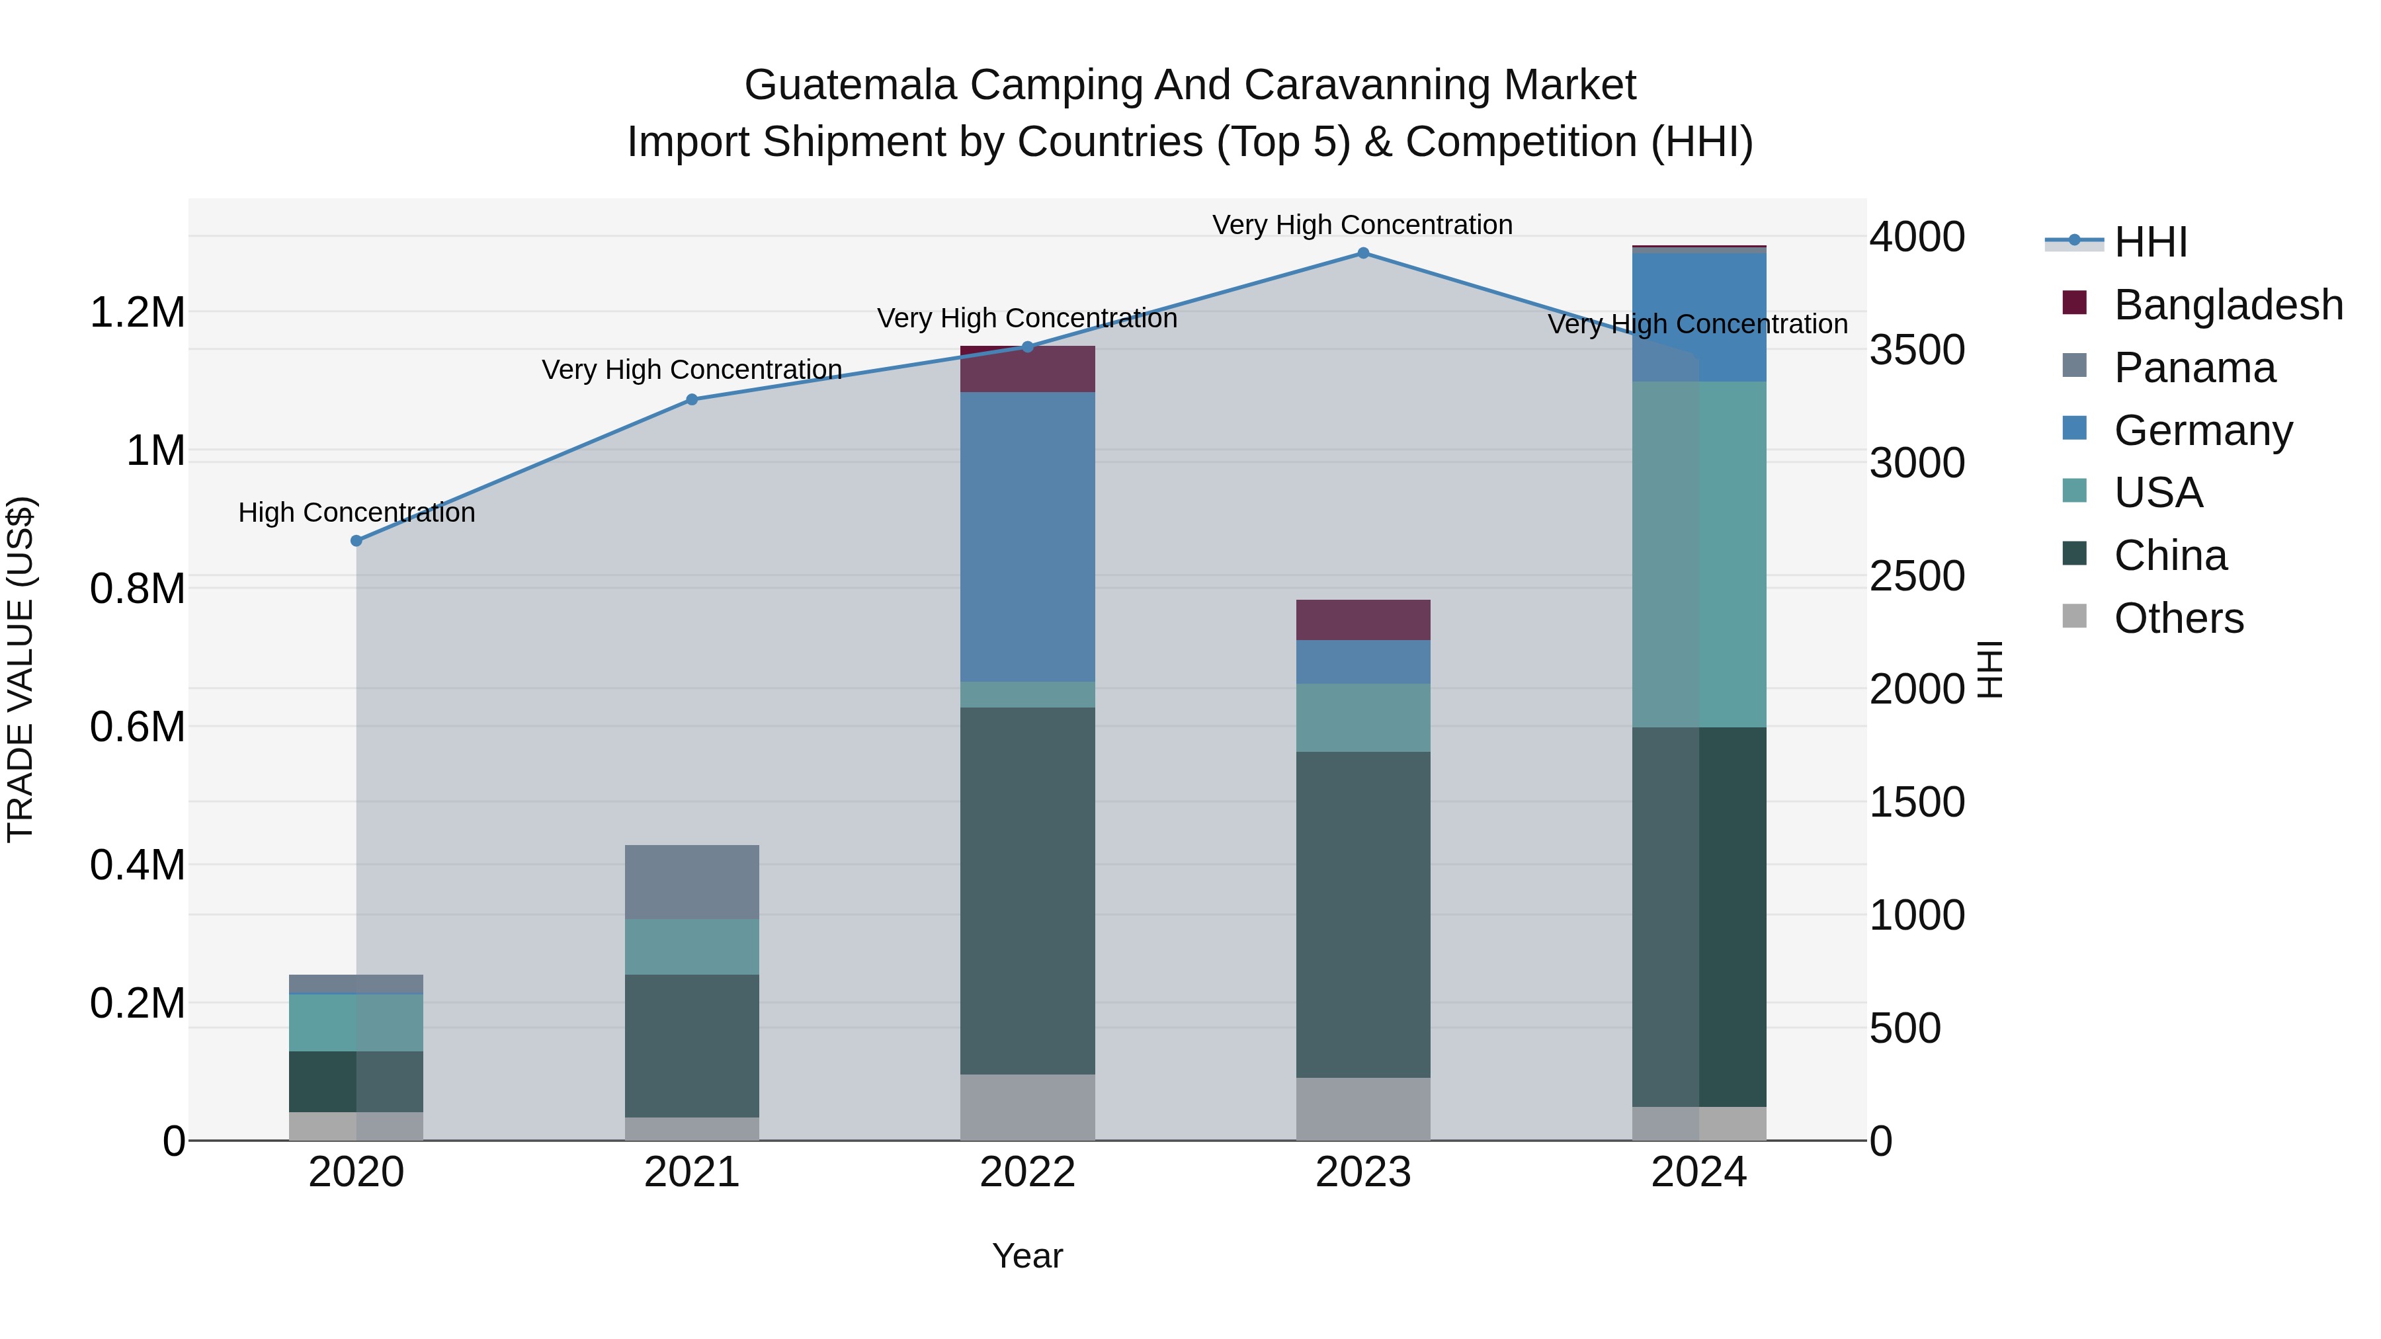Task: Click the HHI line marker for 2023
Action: tap(1362, 253)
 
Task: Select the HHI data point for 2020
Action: tap(356, 541)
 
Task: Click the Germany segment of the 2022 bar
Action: tap(1027, 536)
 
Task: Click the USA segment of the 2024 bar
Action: tap(1699, 555)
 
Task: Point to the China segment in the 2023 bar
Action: tap(1362, 915)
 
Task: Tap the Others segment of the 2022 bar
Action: tap(1027, 1107)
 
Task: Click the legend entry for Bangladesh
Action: tap(2228, 305)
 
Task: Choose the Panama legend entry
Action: tap(2194, 368)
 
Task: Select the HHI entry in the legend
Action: tap(2150, 242)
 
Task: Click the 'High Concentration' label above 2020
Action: tap(356, 512)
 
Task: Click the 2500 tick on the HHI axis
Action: tap(1916, 577)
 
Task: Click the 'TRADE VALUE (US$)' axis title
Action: tap(21, 669)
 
